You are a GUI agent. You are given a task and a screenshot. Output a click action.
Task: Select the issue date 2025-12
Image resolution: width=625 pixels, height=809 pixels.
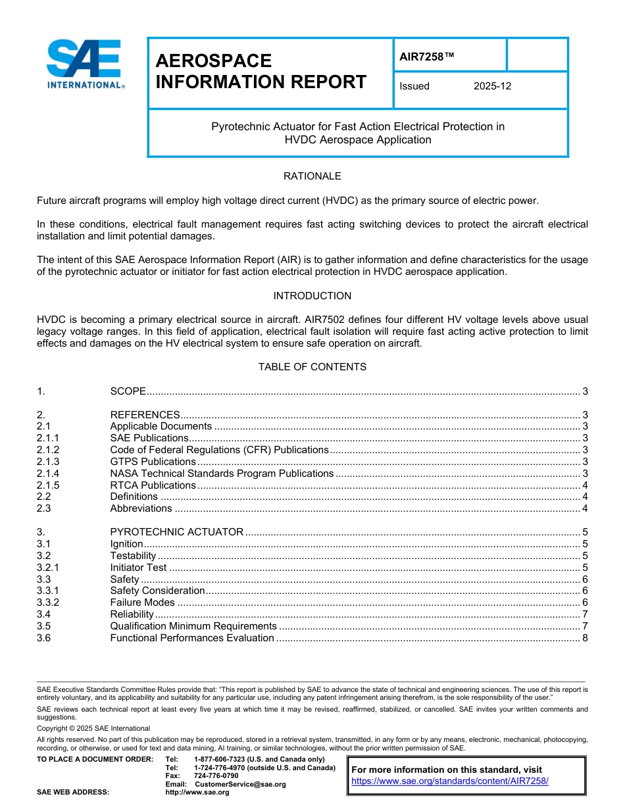coord(492,86)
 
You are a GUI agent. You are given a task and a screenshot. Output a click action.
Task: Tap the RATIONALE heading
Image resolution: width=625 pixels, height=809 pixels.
coord(312,176)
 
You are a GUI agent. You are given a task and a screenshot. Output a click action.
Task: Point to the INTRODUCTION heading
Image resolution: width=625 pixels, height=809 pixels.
coord(312,296)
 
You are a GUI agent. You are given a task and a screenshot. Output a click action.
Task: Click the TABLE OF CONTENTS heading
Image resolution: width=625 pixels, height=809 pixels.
coord(312,367)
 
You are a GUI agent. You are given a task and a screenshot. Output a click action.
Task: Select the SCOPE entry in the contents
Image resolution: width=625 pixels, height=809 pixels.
coord(128,391)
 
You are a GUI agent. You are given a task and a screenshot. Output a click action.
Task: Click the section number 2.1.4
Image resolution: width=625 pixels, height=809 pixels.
coord(48,474)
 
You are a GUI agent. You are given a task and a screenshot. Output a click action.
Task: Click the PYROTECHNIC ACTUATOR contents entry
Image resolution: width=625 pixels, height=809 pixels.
coord(176,532)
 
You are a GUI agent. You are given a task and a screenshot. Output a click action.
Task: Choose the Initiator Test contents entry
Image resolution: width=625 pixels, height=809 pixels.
coord(138,568)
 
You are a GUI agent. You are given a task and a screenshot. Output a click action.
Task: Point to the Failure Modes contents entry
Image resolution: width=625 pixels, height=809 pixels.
coord(142,602)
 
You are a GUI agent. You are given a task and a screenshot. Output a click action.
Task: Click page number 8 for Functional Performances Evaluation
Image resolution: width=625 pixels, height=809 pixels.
coord(584,638)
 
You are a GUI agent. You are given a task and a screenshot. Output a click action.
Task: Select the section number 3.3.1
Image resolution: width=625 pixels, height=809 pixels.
coord(48,591)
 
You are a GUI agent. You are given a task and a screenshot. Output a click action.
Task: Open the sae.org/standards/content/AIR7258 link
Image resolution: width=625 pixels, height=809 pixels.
coord(450,781)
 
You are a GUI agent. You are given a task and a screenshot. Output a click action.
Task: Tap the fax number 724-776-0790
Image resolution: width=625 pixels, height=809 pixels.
coord(216,776)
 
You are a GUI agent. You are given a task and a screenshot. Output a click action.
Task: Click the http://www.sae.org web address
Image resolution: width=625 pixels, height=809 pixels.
coord(197,793)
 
